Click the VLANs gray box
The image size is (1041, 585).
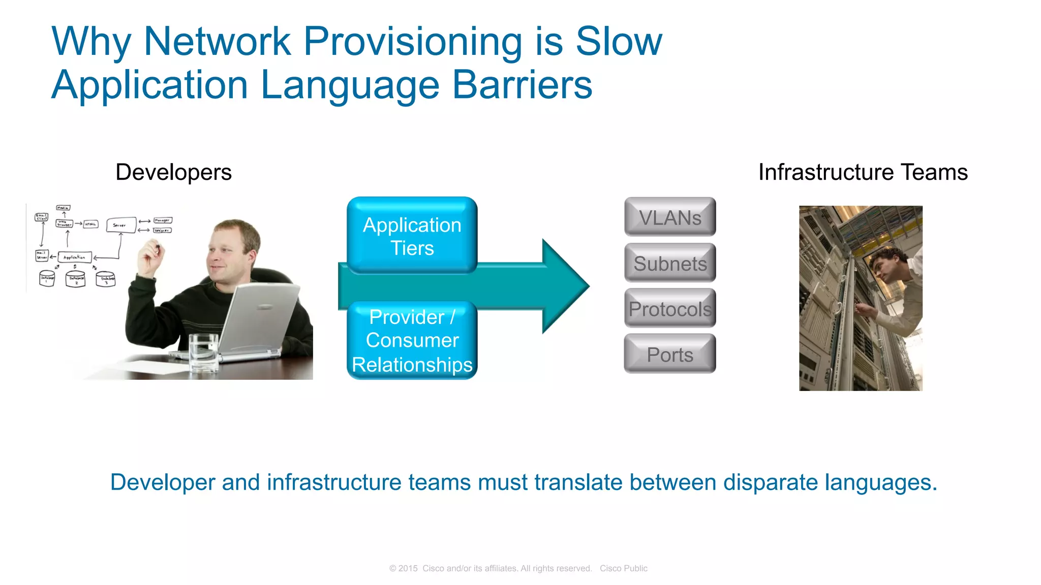coord(670,217)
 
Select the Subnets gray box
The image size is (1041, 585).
coord(670,263)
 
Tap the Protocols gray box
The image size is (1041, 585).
coord(670,308)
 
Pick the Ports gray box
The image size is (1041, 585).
coord(670,354)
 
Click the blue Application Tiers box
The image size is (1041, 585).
coord(412,236)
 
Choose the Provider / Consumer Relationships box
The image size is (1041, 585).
coord(412,340)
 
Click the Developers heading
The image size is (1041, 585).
coord(173,172)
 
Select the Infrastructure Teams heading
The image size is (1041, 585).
coord(863,172)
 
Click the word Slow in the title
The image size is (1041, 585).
coord(619,42)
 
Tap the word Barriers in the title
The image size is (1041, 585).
coord(522,85)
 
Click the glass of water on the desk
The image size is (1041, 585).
coord(203,353)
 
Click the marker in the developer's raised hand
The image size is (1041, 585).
coord(157,248)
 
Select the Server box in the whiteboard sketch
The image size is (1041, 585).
coord(121,224)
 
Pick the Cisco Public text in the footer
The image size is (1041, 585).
coord(623,568)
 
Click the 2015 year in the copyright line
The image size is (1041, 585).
coord(408,568)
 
